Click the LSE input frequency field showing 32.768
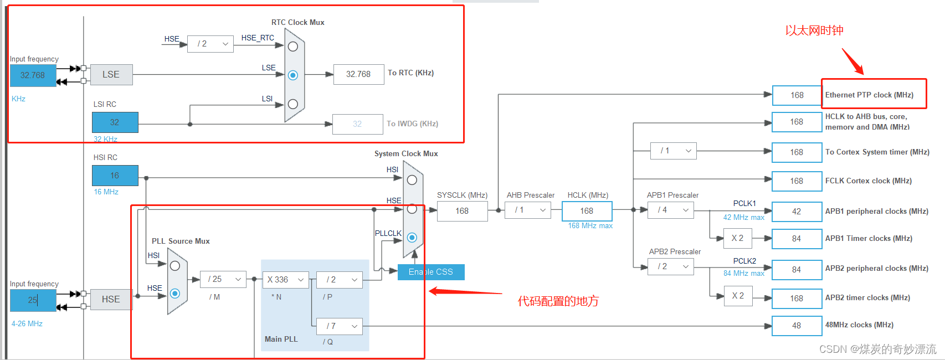point(33,75)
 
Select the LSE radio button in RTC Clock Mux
point(293,75)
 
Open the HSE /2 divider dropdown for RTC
point(210,44)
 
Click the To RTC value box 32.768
point(358,74)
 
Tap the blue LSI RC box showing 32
point(115,122)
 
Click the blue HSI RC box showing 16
point(115,176)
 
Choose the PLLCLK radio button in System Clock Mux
point(412,238)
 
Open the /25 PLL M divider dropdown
point(224,279)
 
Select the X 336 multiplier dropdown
point(285,280)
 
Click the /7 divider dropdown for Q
point(340,326)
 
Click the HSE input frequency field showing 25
point(33,300)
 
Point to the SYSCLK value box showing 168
point(462,211)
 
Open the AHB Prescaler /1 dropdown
point(528,210)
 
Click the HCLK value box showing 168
point(587,211)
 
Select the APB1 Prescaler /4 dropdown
point(670,210)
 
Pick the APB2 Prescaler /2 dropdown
point(670,266)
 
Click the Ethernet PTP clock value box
point(797,95)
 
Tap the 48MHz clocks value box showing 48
point(797,326)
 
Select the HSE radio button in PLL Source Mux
point(175,294)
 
